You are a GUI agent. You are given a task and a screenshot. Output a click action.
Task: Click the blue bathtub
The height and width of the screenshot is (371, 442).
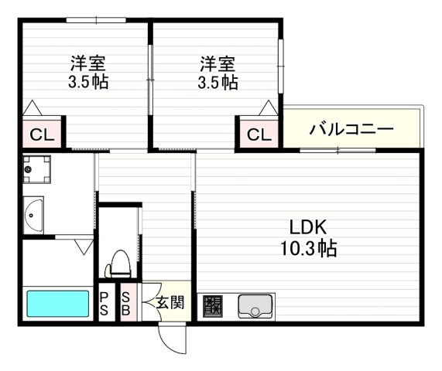pos(58,302)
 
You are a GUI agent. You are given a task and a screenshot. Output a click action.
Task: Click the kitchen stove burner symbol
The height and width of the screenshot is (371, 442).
pos(213,306)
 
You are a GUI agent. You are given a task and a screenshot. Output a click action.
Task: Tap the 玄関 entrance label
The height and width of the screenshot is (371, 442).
pos(170,302)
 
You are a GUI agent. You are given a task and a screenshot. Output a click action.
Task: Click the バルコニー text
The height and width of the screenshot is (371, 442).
pos(352,128)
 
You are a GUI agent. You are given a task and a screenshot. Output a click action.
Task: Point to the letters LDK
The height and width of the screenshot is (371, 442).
pos(310,228)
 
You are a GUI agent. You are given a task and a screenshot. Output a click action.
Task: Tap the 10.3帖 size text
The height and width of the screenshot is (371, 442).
pos(310,249)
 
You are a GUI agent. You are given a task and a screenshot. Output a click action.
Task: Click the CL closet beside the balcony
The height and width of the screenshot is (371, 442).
pos(259,134)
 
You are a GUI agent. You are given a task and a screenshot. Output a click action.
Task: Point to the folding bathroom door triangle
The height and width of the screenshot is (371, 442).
pos(84,247)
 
